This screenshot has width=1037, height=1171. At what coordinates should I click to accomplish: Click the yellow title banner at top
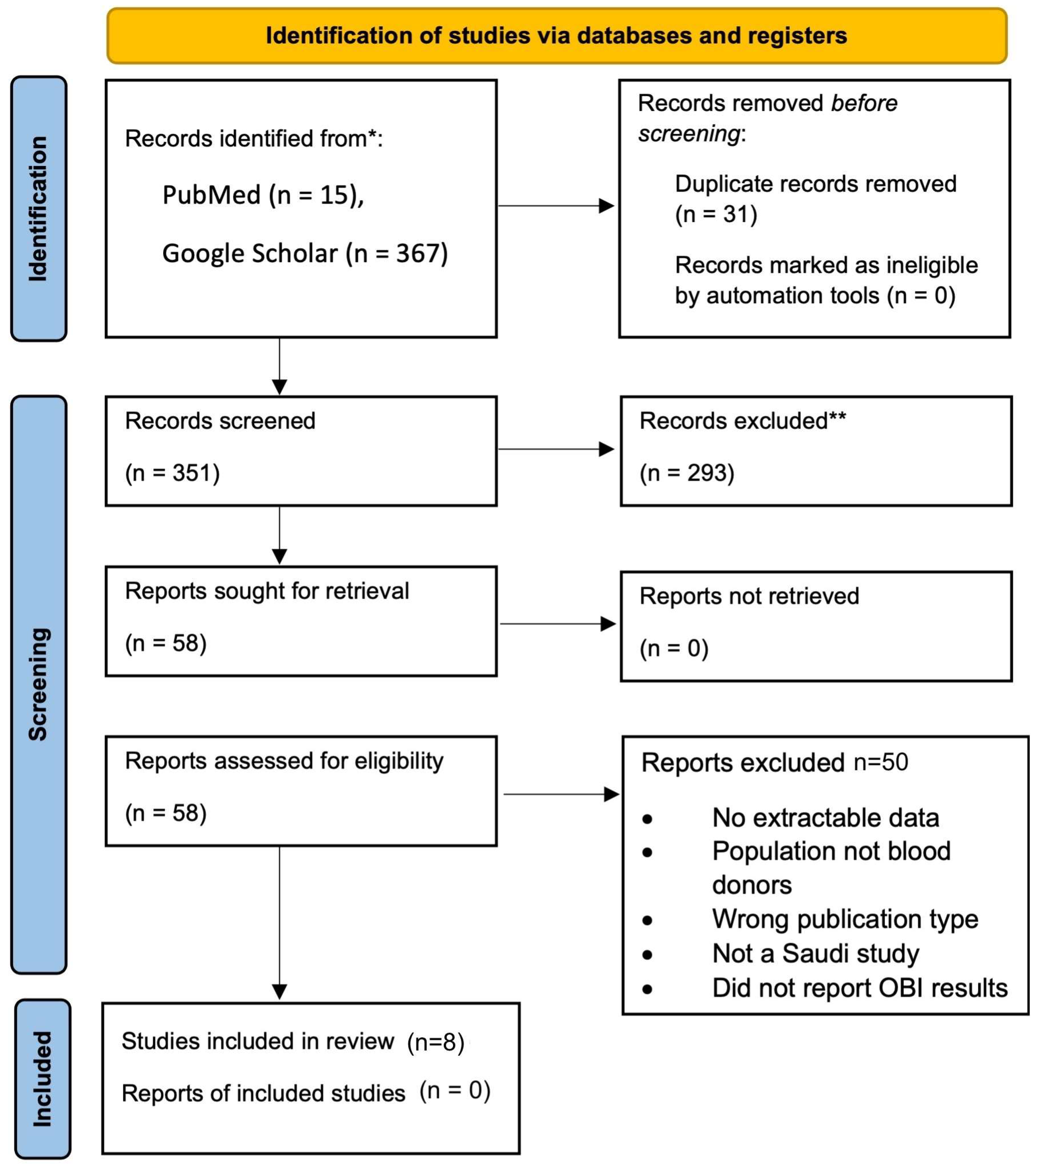pos(556,36)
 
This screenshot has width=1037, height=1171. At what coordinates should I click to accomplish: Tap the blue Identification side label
pos(38,209)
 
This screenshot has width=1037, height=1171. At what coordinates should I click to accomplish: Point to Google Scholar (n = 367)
pos(305,253)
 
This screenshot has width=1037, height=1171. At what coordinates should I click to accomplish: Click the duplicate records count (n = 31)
pos(716,214)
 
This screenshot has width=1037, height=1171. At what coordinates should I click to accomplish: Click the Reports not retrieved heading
pos(749,596)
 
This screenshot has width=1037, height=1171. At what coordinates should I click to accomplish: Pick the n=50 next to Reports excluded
pos(880,762)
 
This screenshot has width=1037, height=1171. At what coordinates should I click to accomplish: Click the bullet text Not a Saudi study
pos(815,953)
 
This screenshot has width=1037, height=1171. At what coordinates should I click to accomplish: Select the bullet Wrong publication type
pos(845,919)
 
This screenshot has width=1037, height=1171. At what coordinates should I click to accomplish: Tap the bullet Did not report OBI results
pos(859,988)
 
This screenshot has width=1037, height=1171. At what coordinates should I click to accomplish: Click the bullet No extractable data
pos(825,818)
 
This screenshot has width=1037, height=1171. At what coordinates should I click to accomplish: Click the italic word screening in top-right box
pos(689,133)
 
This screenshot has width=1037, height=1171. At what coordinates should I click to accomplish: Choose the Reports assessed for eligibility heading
pos(284,761)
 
